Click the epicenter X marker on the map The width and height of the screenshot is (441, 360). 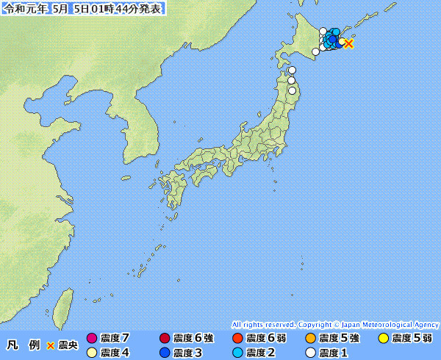[x=349, y=44]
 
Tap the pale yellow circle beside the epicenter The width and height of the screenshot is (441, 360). [x=343, y=41]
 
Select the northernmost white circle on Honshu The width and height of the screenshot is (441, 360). [x=292, y=71]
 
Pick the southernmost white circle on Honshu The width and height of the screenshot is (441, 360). [x=293, y=91]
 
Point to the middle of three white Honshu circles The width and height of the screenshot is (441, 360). [x=291, y=80]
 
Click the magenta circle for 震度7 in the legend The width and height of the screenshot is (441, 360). [x=92, y=339]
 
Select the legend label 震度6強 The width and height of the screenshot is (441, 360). [x=193, y=339]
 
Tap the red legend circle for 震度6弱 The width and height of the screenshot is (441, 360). [x=237, y=339]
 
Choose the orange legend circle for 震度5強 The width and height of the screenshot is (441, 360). [x=310, y=339]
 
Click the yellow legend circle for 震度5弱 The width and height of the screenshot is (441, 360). [x=383, y=339]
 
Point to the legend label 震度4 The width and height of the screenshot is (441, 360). [x=115, y=353]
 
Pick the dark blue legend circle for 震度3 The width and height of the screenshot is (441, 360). [x=164, y=353]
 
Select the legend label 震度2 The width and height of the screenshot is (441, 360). [x=260, y=353]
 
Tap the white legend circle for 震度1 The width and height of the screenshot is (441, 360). [x=310, y=353]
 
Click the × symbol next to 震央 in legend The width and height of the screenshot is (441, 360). [x=51, y=345]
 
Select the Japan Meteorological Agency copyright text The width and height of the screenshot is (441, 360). [x=335, y=324]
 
